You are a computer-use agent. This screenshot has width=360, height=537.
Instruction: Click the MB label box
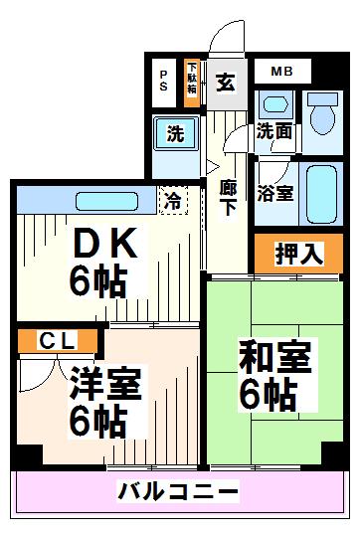point(281,72)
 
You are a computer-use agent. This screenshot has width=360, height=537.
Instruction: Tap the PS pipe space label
point(163,81)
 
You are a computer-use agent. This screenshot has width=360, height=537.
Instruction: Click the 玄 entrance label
point(226,82)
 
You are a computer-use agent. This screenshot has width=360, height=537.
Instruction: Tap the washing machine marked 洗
point(175,134)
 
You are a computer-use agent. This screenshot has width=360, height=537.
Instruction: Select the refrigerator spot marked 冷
point(174,198)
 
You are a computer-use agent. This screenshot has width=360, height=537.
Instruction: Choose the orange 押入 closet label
point(299,253)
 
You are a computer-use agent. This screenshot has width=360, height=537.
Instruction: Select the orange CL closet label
point(58,341)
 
